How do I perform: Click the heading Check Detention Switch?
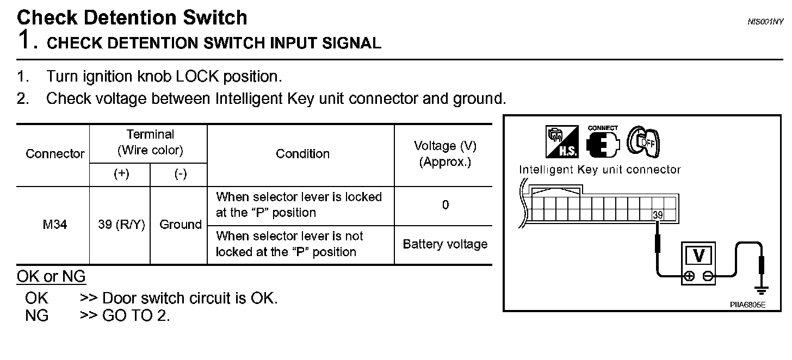click(x=132, y=17)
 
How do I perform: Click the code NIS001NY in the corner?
click(x=765, y=22)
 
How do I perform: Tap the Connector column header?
click(x=55, y=154)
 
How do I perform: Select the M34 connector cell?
click(x=55, y=225)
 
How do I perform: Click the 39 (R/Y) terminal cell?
click(x=121, y=225)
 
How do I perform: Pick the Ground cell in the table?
click(x=180, y=225)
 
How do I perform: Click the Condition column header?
click(x=302, y=154)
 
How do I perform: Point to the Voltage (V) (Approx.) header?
click(x=445, y=154)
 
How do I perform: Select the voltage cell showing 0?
click(x=445, y=205)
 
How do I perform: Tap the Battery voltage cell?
click(x=445, y=244)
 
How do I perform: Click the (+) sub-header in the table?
click(x=121, y=174)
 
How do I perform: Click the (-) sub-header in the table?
click(x=180, y=174)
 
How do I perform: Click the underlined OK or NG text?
click(x=51, y=277)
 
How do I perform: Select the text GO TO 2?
click(x=136, y=315)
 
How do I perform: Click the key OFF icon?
click(x=643, y=142)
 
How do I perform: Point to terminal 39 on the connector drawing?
click(x=658, y=215)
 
